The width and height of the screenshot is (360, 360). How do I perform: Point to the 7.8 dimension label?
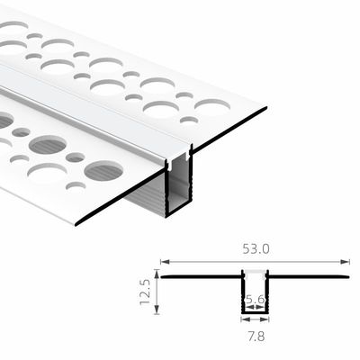coord(255,337)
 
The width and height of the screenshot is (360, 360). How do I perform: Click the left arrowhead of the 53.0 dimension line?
coord(163,262)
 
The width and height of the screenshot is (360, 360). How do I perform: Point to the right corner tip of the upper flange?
coord(266,110)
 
